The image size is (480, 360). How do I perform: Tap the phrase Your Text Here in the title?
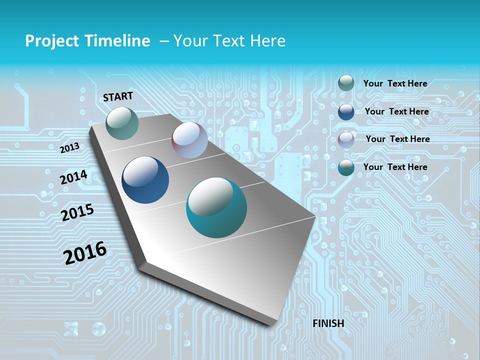(229, 41)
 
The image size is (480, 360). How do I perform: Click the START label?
(118, 96)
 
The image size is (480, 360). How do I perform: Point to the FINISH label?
(328, 323)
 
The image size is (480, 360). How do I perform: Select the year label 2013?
(69, 148)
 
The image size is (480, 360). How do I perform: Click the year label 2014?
(73, 177)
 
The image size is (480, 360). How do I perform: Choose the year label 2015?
(77, 212)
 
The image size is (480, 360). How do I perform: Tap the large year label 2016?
(85, 252)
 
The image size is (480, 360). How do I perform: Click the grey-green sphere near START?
(122, 123)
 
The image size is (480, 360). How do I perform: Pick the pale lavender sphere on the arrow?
(189, 140)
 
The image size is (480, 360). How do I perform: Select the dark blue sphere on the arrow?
(145, 180)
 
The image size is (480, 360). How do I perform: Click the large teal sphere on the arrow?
(216, 207)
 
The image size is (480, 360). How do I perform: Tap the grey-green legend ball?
(346, 83)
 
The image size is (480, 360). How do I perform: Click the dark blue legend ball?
(346, 112)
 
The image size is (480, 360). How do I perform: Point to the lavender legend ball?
(346, 140)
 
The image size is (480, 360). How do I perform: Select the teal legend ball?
(346, 167)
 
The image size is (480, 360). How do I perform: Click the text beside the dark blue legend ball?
(396, 111)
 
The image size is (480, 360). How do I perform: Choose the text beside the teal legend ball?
(395, 167)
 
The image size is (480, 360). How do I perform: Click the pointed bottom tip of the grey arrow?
(272, 324)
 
